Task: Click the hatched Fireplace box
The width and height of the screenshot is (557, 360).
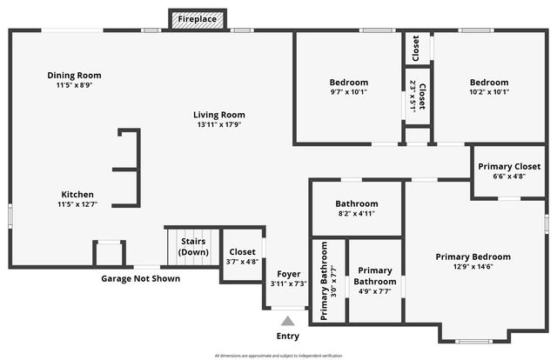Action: coord(198,19)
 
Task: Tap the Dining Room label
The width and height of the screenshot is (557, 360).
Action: coord(74,75)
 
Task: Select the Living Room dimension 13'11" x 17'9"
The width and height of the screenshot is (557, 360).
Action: coord(218,124)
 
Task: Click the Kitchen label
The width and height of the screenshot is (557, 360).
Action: coord(77,194)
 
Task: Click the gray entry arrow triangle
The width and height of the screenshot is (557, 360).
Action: coord(287,321)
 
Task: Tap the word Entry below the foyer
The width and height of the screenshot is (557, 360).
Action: coord(287,336)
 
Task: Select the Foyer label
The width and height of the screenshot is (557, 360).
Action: coord(288,274)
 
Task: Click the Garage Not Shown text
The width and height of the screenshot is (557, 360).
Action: coord(141,278)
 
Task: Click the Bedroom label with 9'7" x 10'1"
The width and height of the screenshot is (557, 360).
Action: coord(349,83)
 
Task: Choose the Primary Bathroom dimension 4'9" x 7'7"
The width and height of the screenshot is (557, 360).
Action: coord(375,291)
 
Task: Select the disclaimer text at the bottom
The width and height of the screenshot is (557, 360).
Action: coord(278,356)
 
